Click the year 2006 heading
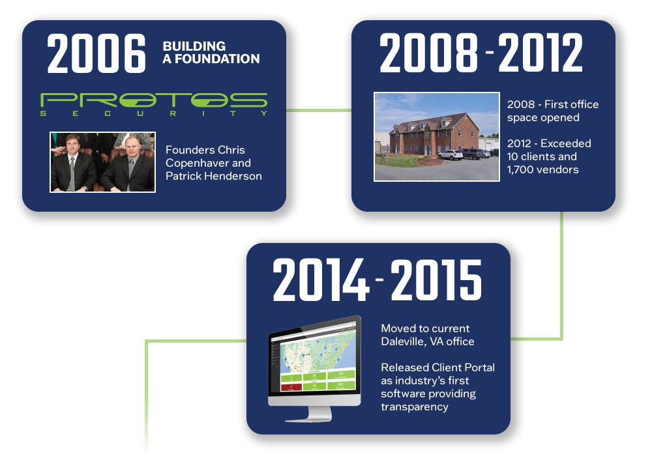coord(96,53)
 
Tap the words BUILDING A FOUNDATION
coord(211,52)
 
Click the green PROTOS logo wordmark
coord(154,100)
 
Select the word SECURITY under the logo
coord(154,113)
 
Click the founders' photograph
coord(103,162)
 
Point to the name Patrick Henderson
coord(214,176)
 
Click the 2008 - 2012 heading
coord(481,53)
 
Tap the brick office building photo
coord(437,137)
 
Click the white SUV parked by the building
coord(450,154)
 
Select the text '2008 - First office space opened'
coord(553,111)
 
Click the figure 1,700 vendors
coord(542,169)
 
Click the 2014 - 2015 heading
coord(377,280)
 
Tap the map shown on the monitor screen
coord(318,351)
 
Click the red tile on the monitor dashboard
coord(291,388)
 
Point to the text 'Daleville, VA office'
coord(428,341)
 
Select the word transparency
coord(415,407)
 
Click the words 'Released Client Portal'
coord(438,367)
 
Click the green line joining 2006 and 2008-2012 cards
coord(319,111)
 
